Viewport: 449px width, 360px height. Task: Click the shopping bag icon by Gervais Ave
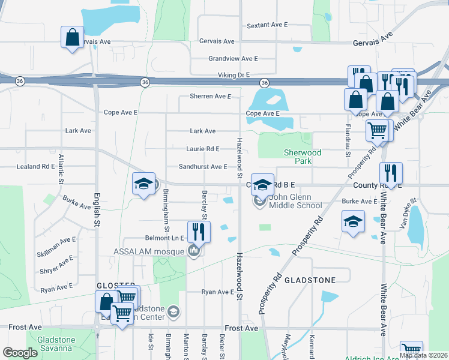[72, 38]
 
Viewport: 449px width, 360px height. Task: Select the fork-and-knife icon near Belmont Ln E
[199, 231]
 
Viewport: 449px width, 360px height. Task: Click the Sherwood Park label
[303, 157]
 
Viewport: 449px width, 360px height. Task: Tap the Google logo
[20, 353]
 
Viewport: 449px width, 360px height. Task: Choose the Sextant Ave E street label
[268, 25]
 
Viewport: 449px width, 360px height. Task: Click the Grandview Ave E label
[233, 59]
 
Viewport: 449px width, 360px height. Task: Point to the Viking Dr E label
[234, 75]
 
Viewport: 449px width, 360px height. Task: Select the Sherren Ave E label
[211, 96]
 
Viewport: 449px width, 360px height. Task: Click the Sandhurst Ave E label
[203, 166]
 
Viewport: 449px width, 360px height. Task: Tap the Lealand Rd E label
[36, 166]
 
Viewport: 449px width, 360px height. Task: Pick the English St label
[97, 209]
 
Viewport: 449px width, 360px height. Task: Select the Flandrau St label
[348, 139]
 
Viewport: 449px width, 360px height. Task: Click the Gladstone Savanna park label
[56, 344]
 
